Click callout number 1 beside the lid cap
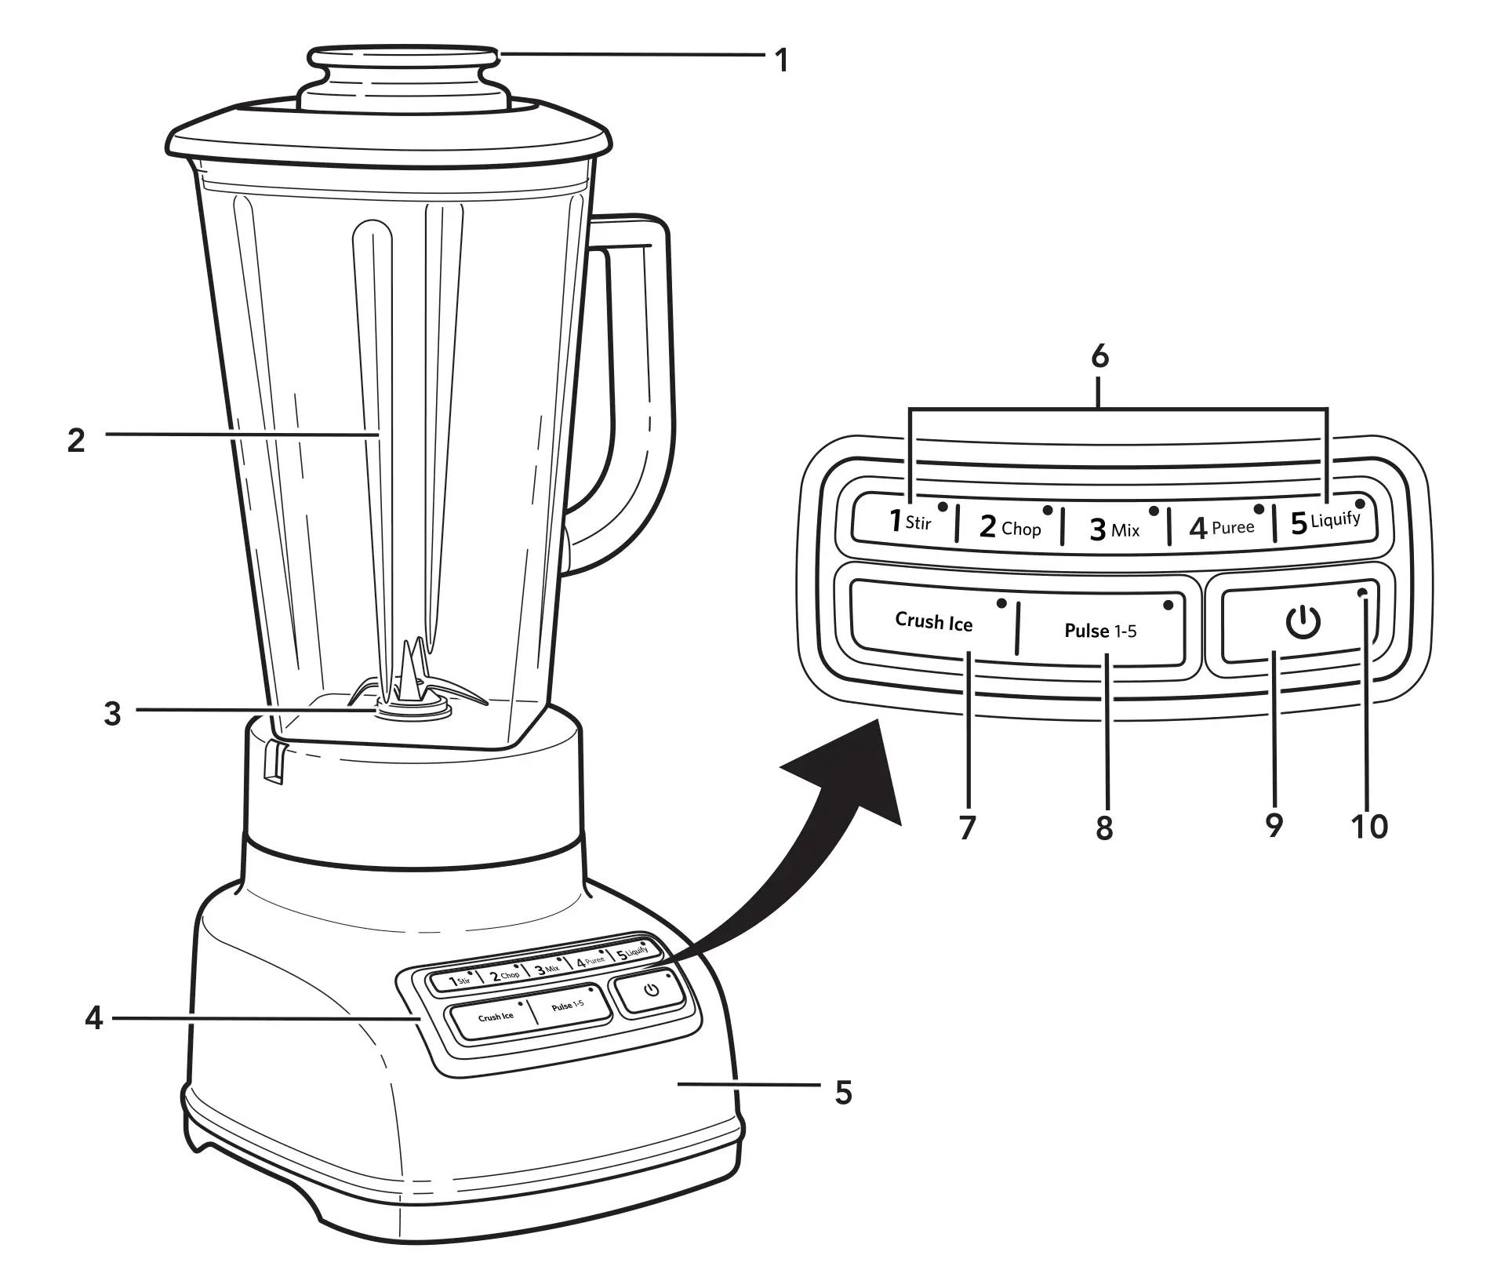point(781,60)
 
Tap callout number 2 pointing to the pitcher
point(76,440)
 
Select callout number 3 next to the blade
point(113,713)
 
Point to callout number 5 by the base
point(843,1092)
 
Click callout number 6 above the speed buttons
point(1099,357)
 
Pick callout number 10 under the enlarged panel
point(1369,826)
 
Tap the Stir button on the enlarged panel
point(910,522)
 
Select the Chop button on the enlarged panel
point(1010,526)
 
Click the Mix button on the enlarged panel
point(1114,529)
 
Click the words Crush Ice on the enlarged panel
point(933,622)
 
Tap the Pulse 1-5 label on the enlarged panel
point(1099,631)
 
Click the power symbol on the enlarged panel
point(1303,623)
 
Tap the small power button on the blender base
point(651,990)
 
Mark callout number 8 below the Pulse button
point(1104,828)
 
